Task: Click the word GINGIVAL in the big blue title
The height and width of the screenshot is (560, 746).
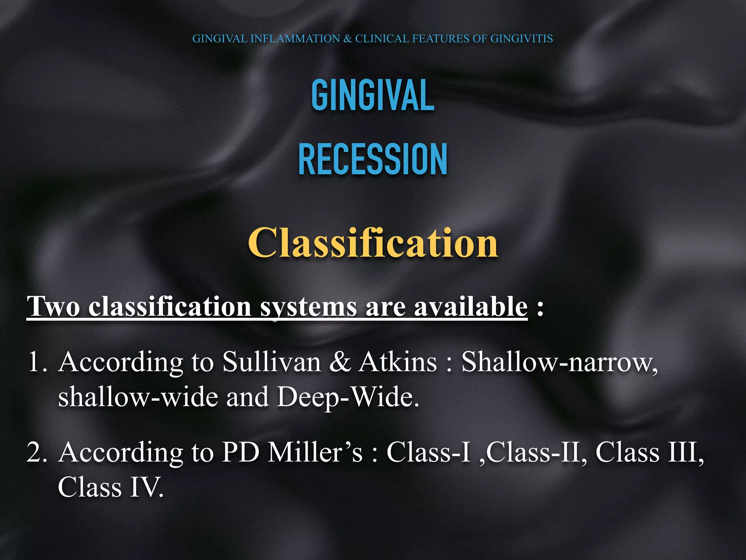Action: coord(373,95)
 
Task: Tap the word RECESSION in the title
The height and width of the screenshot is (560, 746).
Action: coord(373,160)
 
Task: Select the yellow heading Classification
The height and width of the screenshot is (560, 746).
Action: coord(373,243)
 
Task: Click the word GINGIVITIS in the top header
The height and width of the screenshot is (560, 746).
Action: coord(521,39)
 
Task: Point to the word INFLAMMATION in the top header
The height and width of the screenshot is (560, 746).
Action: coord(295,39)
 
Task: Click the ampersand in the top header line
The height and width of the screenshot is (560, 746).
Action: coord(348,39)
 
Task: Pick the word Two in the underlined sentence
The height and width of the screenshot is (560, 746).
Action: coord(54,306)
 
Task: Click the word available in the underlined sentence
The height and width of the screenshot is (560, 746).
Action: coord(471,306)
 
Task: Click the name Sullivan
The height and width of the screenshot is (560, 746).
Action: coord(272,362)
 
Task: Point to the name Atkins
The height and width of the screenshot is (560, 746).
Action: coord(397,362)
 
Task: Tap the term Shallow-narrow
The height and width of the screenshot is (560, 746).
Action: coord(559,362)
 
